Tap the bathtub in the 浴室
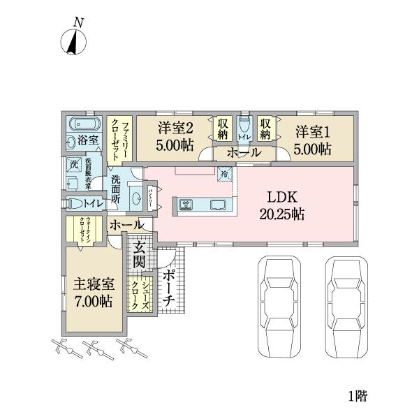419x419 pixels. [78, 126]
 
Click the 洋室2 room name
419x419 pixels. [175, 128]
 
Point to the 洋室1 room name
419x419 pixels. [311, 129]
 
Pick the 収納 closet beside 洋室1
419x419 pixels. [265, 128]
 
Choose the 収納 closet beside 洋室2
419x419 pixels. [221, 128]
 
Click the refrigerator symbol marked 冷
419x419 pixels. [225, 175]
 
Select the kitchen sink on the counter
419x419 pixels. [217, 205]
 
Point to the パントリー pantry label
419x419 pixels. [153, 198]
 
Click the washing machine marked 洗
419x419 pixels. [72, 165]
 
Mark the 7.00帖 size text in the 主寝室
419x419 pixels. [94, 302]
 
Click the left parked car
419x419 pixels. [281, 305]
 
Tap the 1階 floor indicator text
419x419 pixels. [357, 396]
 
